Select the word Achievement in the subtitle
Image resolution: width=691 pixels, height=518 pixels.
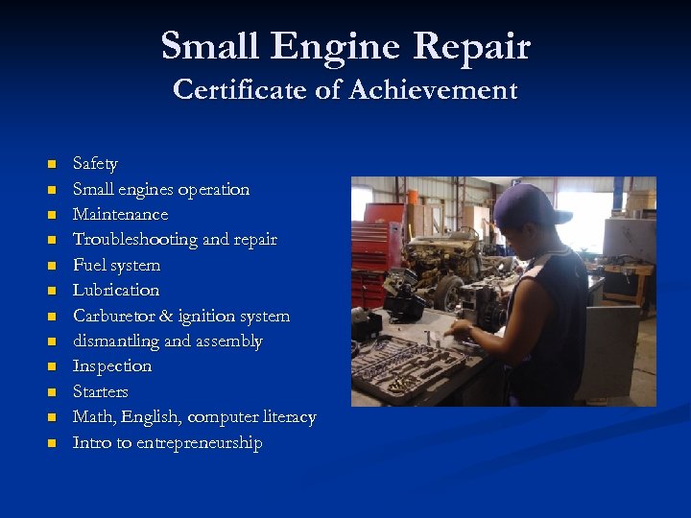(x=433, y=90)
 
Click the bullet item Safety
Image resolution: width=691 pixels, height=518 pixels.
(x=95, y=164)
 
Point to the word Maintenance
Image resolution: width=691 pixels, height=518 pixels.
(x=120, y=215)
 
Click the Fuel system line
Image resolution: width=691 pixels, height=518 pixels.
(x=116, y=266)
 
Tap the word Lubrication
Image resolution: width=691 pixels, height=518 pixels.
(x=116, y=291)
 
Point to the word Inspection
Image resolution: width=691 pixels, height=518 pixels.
(x=112, y=366)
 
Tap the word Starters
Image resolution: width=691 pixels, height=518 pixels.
(x=101, y=391)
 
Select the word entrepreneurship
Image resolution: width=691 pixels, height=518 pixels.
(x=199, y=443)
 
